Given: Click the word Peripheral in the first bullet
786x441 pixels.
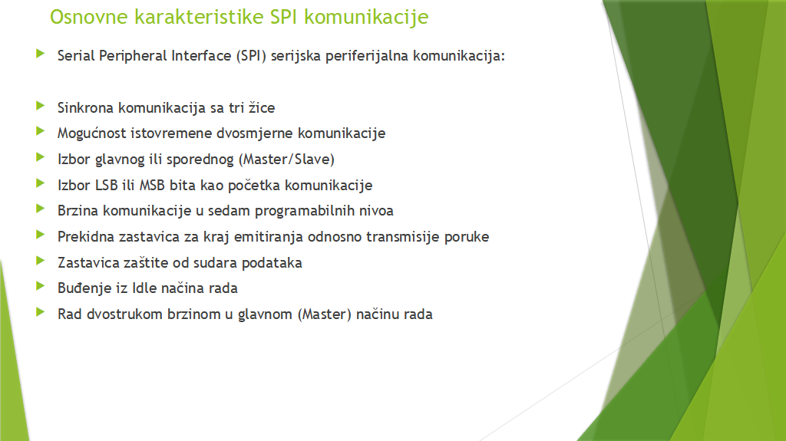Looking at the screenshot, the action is (x=133, y=56).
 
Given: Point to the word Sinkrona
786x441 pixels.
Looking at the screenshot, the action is (x=85, y=107).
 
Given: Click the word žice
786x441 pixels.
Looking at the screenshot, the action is (x=262, y=107).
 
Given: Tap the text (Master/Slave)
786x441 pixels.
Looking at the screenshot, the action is (x=286, y=160).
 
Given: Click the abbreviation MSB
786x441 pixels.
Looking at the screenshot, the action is (x=152, y=185).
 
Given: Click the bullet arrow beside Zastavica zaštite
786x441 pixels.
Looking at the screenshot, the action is (x=41, y=261).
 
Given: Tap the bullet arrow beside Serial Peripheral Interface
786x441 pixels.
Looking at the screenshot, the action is (x=41, y=54).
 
